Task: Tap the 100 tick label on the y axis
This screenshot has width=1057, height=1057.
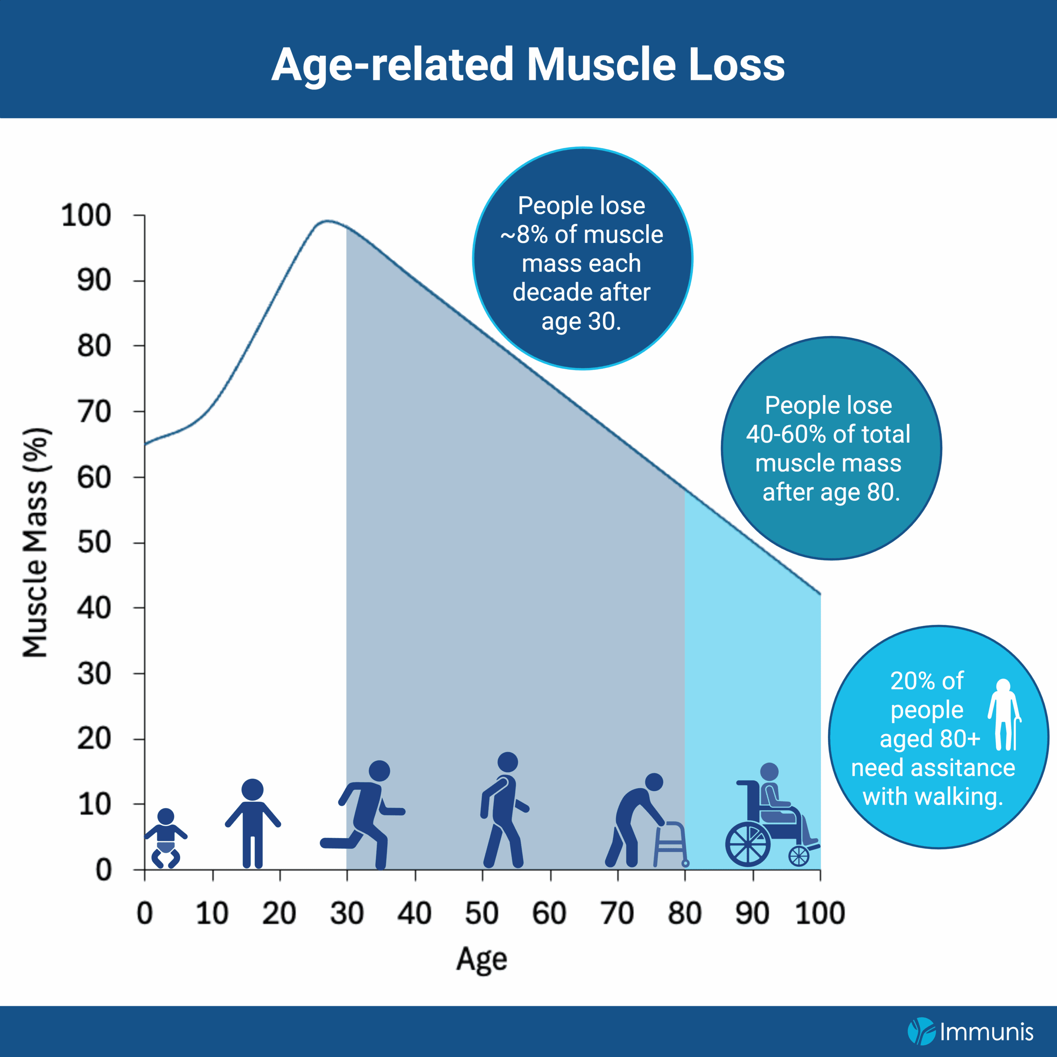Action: pyautogui.click(x=86, y=215)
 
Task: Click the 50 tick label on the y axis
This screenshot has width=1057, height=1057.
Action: pyautogui.click(x=94, y=542)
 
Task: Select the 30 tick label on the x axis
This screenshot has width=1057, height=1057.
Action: pyautogui.click(x=346, y=914)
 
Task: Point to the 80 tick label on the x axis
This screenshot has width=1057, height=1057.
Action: pyautogui.click(x=685, y=914)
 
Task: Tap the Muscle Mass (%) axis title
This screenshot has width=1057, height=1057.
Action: pyautogui.click(x=36, y=542)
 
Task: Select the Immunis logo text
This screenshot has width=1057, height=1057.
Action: pyautogui.click(x=986, y=1032)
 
